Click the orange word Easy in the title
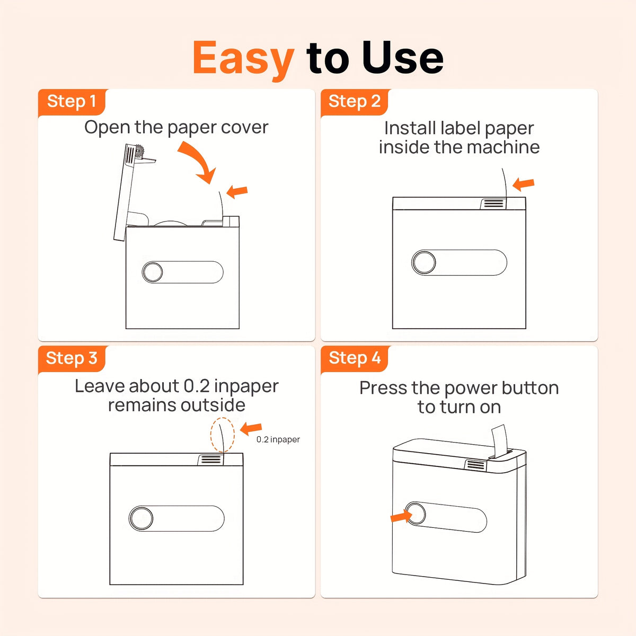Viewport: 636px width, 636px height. point(243,59)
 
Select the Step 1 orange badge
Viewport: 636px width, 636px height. point(72,102)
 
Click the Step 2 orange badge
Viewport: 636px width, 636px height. point(355,102)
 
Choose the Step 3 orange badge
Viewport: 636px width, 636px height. point(72,359)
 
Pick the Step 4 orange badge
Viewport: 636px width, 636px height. point(355,359)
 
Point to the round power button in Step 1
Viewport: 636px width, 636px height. point(153,272)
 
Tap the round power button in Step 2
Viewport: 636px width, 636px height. point(424,262)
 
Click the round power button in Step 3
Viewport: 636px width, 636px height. point(141,518)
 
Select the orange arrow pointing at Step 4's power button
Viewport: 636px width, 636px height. point(401,517)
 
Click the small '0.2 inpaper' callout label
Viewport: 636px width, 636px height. point(278,439)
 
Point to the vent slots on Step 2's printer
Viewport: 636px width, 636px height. point(494,204)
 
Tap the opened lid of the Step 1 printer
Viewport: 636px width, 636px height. point(125,191)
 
